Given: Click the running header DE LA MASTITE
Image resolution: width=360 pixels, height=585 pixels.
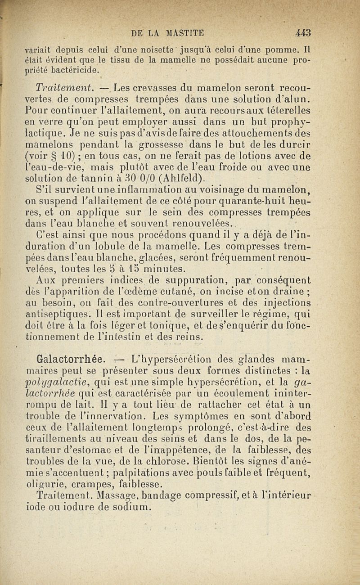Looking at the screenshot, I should tap(168, 32).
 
